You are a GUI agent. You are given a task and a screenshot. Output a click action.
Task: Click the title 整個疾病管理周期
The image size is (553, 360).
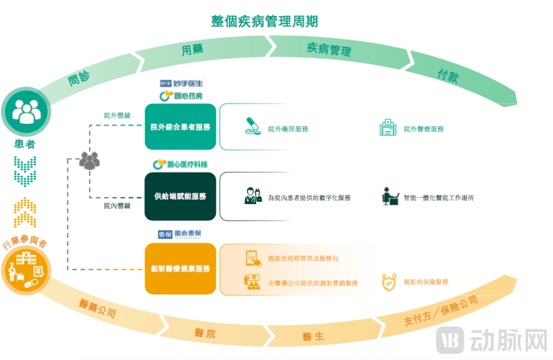[x=264, y=21]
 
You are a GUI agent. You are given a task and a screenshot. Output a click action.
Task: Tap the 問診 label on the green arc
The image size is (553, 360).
[x=79, y=77]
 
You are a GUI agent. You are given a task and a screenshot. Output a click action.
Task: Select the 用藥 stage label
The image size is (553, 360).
[x=192, y=50]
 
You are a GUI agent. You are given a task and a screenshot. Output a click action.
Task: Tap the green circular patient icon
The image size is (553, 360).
[x=25, y=111]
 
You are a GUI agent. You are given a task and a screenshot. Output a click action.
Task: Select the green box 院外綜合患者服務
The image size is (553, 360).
[x=181, y=127]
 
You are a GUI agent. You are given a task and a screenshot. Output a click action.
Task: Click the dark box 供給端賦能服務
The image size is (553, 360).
[x=181, y=197]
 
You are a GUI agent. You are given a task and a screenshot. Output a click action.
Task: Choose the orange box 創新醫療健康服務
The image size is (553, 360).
[x=181, y=269]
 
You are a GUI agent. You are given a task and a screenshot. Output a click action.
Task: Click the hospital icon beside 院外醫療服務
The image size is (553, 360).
[x=388, y=128]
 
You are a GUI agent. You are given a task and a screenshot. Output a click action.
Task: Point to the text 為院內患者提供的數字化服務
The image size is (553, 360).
[x=309, y=198]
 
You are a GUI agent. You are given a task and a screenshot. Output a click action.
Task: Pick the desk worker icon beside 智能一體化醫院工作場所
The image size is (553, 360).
[x=390, y=196]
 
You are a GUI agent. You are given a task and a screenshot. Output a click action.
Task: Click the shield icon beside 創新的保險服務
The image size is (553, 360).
[x=389, y=282]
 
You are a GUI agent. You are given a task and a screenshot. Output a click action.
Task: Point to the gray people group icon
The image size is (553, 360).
[x=89, y=161]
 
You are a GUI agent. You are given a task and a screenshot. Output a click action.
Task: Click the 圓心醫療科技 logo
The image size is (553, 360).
[x=180, y=164]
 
